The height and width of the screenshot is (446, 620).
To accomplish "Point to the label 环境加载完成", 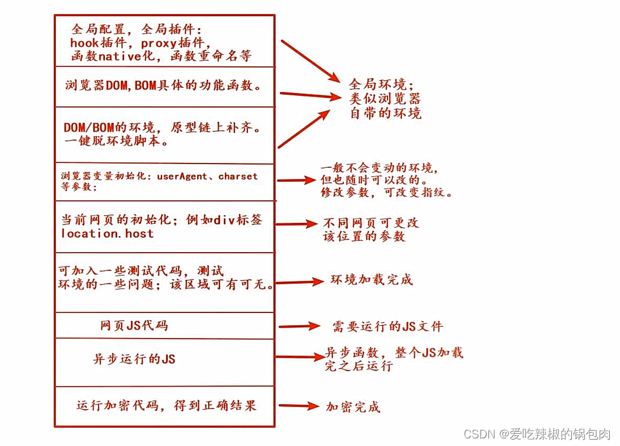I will click(x=371, y=279).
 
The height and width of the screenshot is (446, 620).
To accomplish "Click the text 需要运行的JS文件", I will click(x=388, y=327).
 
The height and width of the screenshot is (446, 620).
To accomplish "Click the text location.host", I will click(x=107, y=233).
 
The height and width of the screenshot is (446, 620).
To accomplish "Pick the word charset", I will click(x=238, y=176).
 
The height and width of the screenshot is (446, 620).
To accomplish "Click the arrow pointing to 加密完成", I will click(x=299, y=406).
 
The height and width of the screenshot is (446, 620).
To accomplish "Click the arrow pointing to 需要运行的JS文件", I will click(x=299, y=326).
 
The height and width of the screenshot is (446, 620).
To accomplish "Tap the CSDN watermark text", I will click(x=537, y=434).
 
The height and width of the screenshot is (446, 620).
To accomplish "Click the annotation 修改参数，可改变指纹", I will click(x=387, y=192).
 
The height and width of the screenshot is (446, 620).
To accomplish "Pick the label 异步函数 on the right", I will click(x=349, y=352).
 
